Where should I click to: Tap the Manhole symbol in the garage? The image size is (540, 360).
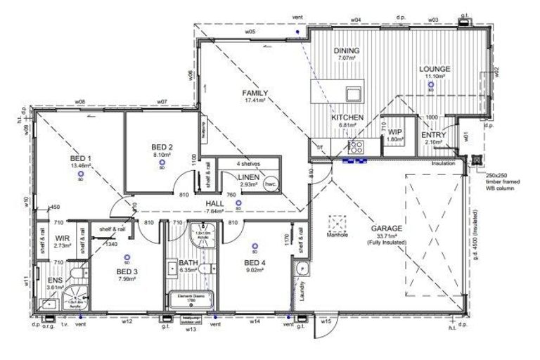coord(338,223)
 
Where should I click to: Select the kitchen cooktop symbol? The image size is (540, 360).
coord(356,146)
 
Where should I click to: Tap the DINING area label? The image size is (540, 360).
coord(347,51)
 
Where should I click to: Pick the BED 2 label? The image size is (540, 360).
coord(162,147)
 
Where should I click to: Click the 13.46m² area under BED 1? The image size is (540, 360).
coord(82,166)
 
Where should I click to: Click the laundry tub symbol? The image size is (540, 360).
coord(301,269)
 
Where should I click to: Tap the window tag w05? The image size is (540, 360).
coord(250,32)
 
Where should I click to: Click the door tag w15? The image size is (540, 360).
coord(326,321)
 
